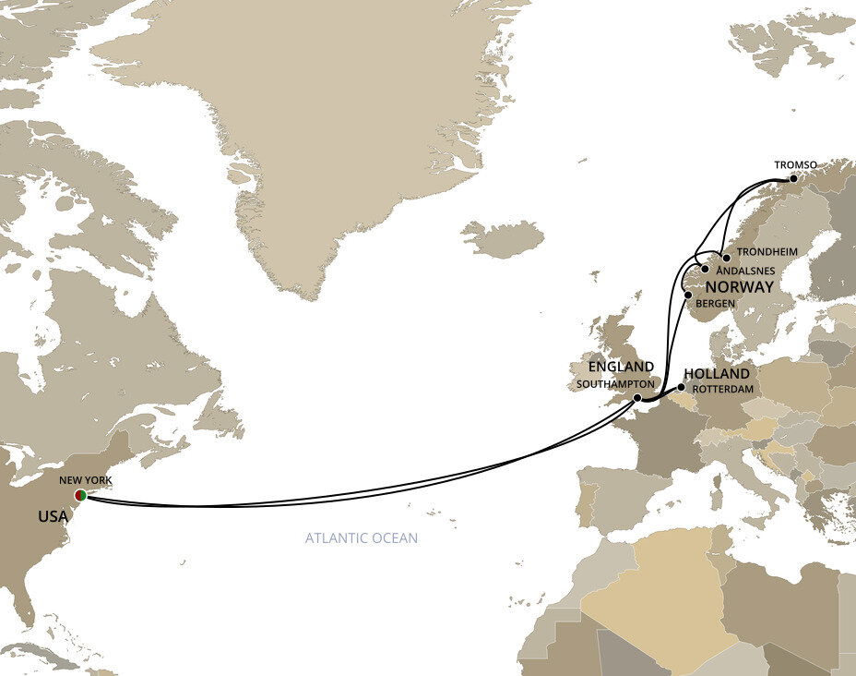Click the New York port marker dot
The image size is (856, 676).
[x=81, y=496]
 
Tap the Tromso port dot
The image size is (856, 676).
[x=792, y=178]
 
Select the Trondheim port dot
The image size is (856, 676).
[x=726, y=258]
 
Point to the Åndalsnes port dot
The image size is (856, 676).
[x=706, y=270]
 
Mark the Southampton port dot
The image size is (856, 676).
[x=637, y=398]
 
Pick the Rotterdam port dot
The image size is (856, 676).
[x=682, y=388]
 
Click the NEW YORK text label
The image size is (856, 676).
[x=85, y=481]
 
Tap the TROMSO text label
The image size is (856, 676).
[x=796, y=165]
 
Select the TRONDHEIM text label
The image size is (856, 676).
[x=767, y=252]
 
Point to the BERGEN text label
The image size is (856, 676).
[x=716, y=304]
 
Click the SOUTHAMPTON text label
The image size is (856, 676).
[x=615, y=382]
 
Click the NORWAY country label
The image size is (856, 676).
[x=738, y=287]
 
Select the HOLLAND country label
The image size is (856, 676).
[x=717, y=374]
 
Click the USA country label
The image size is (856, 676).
[x=53, y=516]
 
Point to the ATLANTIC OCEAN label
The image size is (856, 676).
[x=361, y=537]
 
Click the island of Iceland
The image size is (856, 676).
[x=503, y=239]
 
